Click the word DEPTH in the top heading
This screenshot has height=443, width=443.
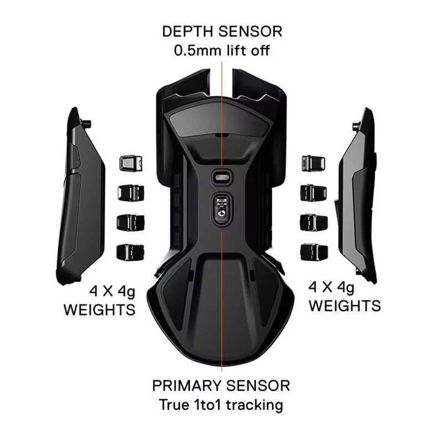tap(187, 32)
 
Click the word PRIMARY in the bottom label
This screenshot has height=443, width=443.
tap(187, 385)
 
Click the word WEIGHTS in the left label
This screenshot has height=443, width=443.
tap(100, 310)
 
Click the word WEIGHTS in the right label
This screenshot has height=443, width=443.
tap(344, 306)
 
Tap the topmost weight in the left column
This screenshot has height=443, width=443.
tap(131, 163)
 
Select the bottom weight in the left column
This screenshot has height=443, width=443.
tap(130, 252)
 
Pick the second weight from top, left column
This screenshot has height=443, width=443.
tap(131, 193)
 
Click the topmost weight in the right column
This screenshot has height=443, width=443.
tap(313, 163)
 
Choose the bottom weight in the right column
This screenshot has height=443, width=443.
tap(314, 252)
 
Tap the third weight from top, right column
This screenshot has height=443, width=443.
tap(313, 223)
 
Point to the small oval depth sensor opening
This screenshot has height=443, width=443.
tap(222, 177)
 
